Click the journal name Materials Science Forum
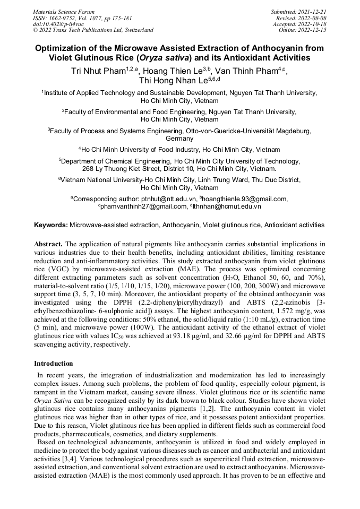pyautogui.click(x=64, y=12)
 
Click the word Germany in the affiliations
pyautogui.click(x=179, y=139)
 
